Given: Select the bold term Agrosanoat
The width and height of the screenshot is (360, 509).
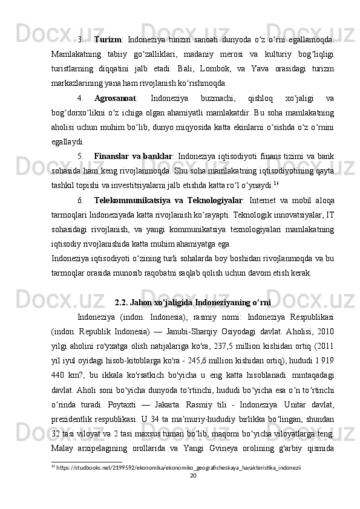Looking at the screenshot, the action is [115, 99].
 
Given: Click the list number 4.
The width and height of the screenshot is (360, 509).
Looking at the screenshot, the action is [80, 99].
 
